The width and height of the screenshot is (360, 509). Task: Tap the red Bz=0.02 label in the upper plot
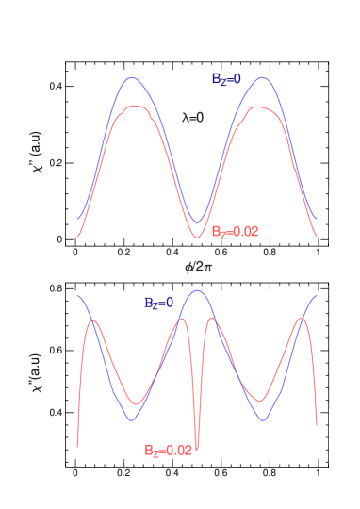(x=235, y=231)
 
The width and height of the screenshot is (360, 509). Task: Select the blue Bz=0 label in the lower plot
(x=158, y=303)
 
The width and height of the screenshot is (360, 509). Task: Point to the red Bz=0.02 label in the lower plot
(x=168, y=451)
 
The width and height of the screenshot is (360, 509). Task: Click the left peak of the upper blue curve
(x=134, y=77)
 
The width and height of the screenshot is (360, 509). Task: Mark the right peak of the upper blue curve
(x=262, y=77)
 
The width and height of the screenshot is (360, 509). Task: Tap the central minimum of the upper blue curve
(x=197, y=223)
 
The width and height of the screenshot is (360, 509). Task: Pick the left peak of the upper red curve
(x=136, y=107)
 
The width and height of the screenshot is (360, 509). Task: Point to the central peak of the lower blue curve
(x=197, y=290)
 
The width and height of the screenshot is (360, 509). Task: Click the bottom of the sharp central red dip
(x=197, y=443)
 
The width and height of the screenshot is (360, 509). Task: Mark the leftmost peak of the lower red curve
(x=93, y=321)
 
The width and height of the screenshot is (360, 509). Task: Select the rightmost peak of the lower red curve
(x=303, y=318)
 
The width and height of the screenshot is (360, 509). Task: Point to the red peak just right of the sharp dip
(x=211, y=318)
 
